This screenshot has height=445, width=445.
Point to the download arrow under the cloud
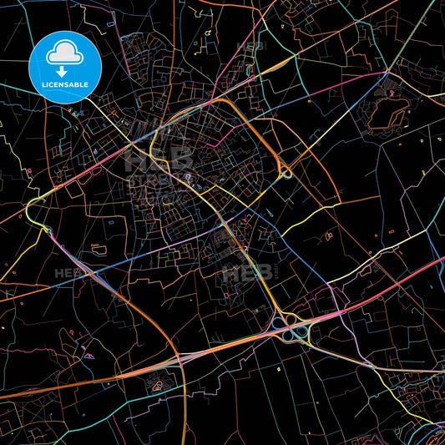(62, 71)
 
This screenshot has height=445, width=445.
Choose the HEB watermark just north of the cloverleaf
(249, 272)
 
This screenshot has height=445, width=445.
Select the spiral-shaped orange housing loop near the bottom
(156, 385)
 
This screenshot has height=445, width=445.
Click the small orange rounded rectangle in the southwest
(98, 248)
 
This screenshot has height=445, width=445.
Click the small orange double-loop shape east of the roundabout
(329, 235)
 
